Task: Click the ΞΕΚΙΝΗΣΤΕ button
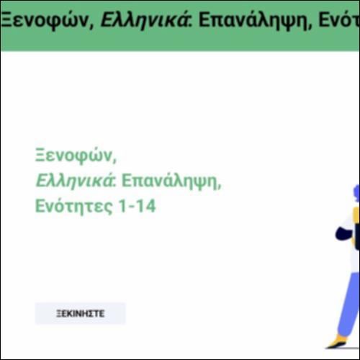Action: (80, 313)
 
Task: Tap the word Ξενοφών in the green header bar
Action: (44, 19)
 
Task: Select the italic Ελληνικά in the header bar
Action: (132, 19)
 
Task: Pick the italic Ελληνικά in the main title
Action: (73, 180)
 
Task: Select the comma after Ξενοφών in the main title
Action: (114, 160)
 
